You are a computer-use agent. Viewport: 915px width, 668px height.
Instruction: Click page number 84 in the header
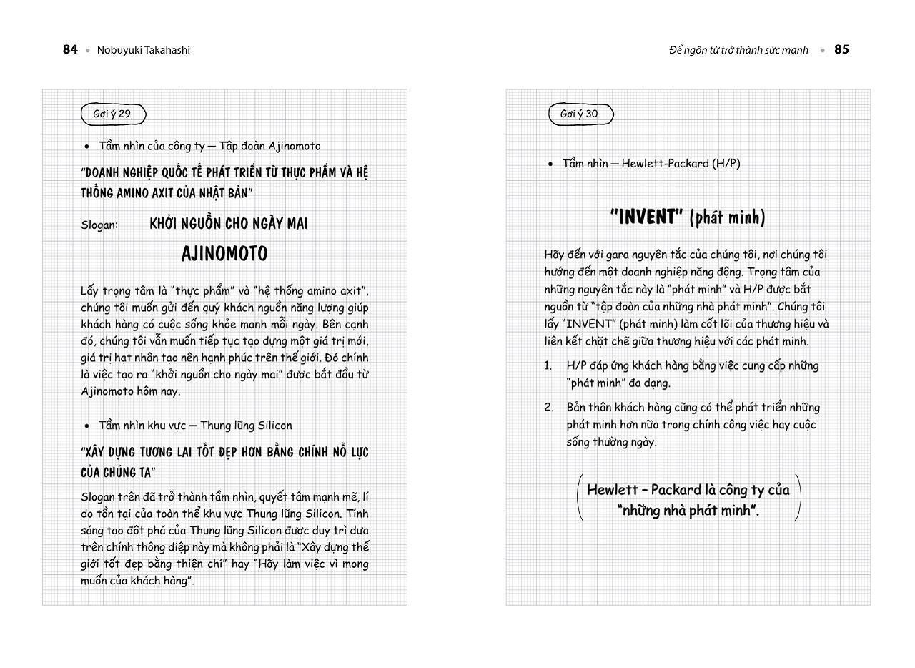pyautogui.click(x=70, y=49)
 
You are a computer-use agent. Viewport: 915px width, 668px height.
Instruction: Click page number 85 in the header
pyautogui.click(x=841, y=49)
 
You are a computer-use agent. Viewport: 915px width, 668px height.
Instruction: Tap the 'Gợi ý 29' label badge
pyautogui.click(x=113, y=114)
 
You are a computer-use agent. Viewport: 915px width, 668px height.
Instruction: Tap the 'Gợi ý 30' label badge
pyautogui.click(x=580, y=114)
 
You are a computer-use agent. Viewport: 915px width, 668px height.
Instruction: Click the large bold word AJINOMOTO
pyautogui.click(x=224, y=254)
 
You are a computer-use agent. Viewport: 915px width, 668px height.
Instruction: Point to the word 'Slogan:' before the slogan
pyautogui.click(x=99, y=225)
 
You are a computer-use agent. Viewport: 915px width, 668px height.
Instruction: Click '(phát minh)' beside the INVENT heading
pyautogui.click(x=727, y=217)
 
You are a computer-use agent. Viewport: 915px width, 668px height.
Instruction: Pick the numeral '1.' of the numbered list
pyautogui.click(x=548, y=365)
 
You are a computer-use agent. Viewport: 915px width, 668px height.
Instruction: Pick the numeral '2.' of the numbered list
pyautogui.click(x=549, y=407)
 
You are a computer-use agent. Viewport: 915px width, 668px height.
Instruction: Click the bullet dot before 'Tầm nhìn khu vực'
pyautogui.click(x=87, y=426)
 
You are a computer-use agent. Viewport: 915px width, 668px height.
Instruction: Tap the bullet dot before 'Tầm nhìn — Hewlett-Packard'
pyautogui.click(x=550, y=164)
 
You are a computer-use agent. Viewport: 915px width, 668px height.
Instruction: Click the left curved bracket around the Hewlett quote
pyautogui.click(x=579, y=497)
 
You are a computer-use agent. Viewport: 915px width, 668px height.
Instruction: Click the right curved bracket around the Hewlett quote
pyautogui.click(x=798, y=497)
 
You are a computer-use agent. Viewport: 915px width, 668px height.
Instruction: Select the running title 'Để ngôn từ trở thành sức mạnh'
pyautogui.click(x=738, y=50)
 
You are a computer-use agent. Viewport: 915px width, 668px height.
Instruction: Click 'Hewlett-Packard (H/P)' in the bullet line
pyautogui.click(x=681, y=163)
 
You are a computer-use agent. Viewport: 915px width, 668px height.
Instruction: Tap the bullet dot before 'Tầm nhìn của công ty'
pyautogui.click(x=87, y=146)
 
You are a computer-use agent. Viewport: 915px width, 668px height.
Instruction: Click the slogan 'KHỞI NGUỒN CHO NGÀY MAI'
pyautogui.click(x=229, y=224)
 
